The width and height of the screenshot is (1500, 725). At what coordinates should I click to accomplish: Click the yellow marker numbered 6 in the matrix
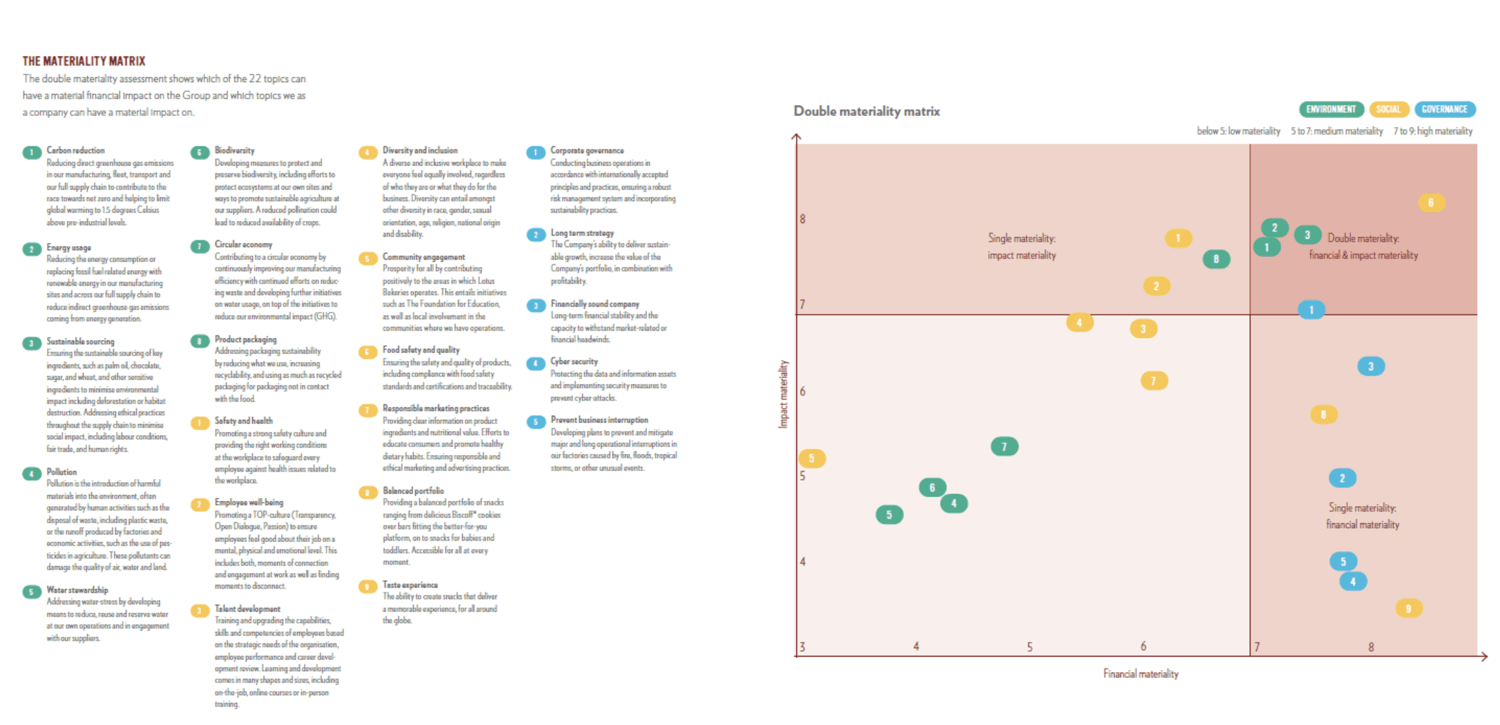tap(1430, 203)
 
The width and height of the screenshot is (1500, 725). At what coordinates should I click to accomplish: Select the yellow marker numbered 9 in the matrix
tap(1408, 608)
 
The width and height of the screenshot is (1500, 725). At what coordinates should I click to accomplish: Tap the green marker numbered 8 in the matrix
tap(1215, 259)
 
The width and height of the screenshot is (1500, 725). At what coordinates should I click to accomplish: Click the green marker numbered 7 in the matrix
tap(1004, 447)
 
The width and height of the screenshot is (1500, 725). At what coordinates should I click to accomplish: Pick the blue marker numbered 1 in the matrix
tap(1311, 310)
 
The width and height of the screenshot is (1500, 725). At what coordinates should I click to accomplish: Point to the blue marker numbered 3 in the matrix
tap(1371, 366)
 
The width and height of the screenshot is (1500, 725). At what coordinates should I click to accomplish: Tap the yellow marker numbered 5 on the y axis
tap(811, 458)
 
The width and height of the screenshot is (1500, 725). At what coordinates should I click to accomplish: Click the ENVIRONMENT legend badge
tap(1331, 109)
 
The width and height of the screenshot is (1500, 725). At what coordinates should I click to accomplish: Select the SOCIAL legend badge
tap(1388, 109)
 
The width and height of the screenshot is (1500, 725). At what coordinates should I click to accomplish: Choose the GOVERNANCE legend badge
tap(1444, 109)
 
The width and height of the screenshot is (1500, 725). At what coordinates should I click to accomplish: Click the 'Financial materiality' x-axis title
tap(1140, 674)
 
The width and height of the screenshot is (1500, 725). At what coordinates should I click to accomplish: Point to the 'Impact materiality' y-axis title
tap(783, 394)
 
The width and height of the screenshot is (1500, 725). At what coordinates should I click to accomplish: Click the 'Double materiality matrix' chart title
tap(866, 111)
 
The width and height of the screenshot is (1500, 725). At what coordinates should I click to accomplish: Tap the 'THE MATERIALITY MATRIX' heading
tap(84, 61)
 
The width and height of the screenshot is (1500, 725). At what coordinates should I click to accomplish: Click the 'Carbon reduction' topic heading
tap(75, 151)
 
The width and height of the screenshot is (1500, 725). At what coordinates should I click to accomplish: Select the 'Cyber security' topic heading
tap(574, 361)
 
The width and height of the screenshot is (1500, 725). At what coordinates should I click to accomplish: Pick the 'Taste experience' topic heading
tap(410, 585)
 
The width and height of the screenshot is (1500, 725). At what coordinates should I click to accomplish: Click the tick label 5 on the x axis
tap(1029, 647)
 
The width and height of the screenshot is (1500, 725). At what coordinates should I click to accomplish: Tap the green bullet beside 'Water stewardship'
tap(31, 592)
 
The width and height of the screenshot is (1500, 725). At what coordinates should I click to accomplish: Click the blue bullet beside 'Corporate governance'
tap(535, 153)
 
